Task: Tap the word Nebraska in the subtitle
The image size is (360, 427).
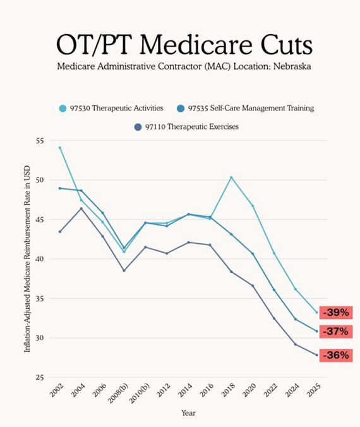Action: (292, 66)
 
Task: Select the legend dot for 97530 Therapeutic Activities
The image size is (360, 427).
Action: (63, 109)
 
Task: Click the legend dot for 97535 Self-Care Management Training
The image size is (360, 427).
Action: (181, 109)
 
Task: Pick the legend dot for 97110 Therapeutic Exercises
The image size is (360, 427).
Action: (138, 127)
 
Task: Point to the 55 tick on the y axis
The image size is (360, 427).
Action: (40, 141)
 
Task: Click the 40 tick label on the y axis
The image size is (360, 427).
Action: (40, 259)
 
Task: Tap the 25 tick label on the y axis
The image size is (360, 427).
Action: (40, 378)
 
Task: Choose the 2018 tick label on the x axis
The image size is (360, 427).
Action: (228, 390)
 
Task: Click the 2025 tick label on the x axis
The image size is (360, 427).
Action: (314, 390)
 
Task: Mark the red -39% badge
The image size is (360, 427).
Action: (336, 313)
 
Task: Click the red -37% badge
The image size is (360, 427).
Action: (336, 332)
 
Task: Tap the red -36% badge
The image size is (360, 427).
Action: (336, 356)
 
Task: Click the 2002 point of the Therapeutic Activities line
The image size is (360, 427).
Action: (60, 148)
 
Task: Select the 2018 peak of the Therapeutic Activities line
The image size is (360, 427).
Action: (231, 177)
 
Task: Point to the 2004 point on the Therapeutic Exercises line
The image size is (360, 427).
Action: (81, 208)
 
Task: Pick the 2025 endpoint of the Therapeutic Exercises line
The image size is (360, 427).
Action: (316, 355)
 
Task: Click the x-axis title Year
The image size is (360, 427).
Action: (188, 413)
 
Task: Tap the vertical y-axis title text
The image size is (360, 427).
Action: (27, 259)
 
